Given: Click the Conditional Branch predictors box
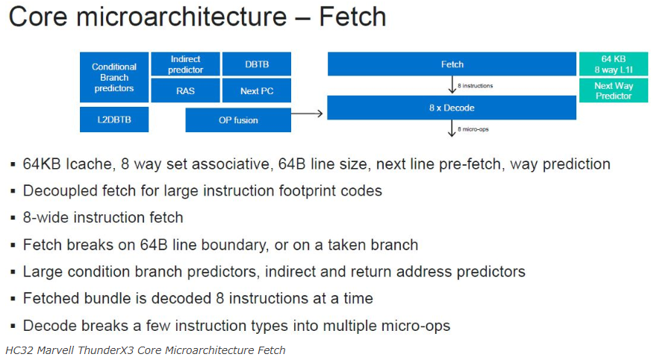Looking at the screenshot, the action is pyautogui.click(x=114, y=77).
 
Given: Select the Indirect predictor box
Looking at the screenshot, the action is pyautogui.click(x=185, y=64).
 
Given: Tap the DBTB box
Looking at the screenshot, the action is pyautogui.click(x=256, y=64).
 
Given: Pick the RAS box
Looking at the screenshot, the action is pyautogui.click(x=185, y=90).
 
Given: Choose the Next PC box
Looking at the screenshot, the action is pyautogui.click(x=256, y=90).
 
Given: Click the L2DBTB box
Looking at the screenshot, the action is pyautogui.click(x=114, y=120).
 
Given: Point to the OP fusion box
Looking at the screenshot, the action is pyautogui.click(x=238, y=120).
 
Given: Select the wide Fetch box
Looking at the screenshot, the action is pyautogui.click(x=452, y=64).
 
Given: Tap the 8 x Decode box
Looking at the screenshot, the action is pyautogui.click(x=452, y=108).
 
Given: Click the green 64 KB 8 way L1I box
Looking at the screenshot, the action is pyautogui.click(x=614, y=64).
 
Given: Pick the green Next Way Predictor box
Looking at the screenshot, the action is pyautogui.click(x=614, y=90).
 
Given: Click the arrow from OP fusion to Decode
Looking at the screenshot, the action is pyautogui.click(x=307, y=114).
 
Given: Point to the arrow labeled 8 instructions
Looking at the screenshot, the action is pyautogui.click(x=452, y=84).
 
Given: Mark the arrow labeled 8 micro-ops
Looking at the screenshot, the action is pyautogui.click(x=452, y=128).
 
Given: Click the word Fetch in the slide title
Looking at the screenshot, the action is pyautogui.click(x=353, y=16).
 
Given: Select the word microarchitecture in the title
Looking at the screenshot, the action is pyautogui.click(x=181, y=16).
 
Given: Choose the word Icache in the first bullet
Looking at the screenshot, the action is pyautogui.click(x=90, y=164).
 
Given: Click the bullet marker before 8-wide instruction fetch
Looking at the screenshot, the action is pyautogui.click(x=13, y=218).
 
